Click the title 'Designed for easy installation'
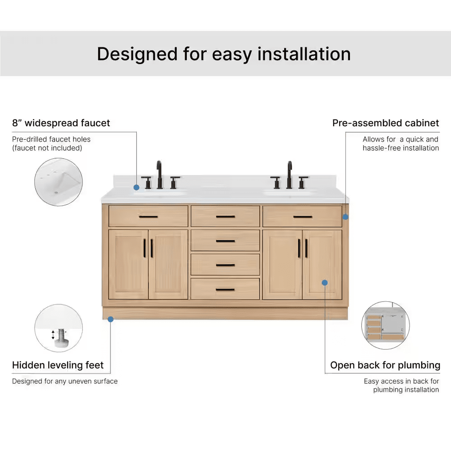tap(224, 54)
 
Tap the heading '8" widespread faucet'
tap(61, 123)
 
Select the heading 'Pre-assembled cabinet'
tap(386, 123)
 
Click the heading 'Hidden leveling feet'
tap(58, 365)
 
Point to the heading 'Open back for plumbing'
tap(385, 365)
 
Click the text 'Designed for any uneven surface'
tap(64, 381)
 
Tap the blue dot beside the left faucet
tap(137, 188)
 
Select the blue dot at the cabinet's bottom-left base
tap(110, 319)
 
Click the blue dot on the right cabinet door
tap(325, 283)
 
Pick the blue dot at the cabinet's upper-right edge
tap(345, 217)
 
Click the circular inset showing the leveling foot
tap(59, 328)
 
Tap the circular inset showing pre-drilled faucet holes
tap(58, 182)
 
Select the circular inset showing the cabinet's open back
tap(386, 325)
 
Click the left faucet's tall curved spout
tap(159, 174)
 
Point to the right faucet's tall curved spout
tap(290, 174)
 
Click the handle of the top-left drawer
tap(148, 216)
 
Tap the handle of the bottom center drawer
tap(225, 290)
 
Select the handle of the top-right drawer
tap(303, 216)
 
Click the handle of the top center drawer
tap(225, 216)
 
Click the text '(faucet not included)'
tap(47, 148)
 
